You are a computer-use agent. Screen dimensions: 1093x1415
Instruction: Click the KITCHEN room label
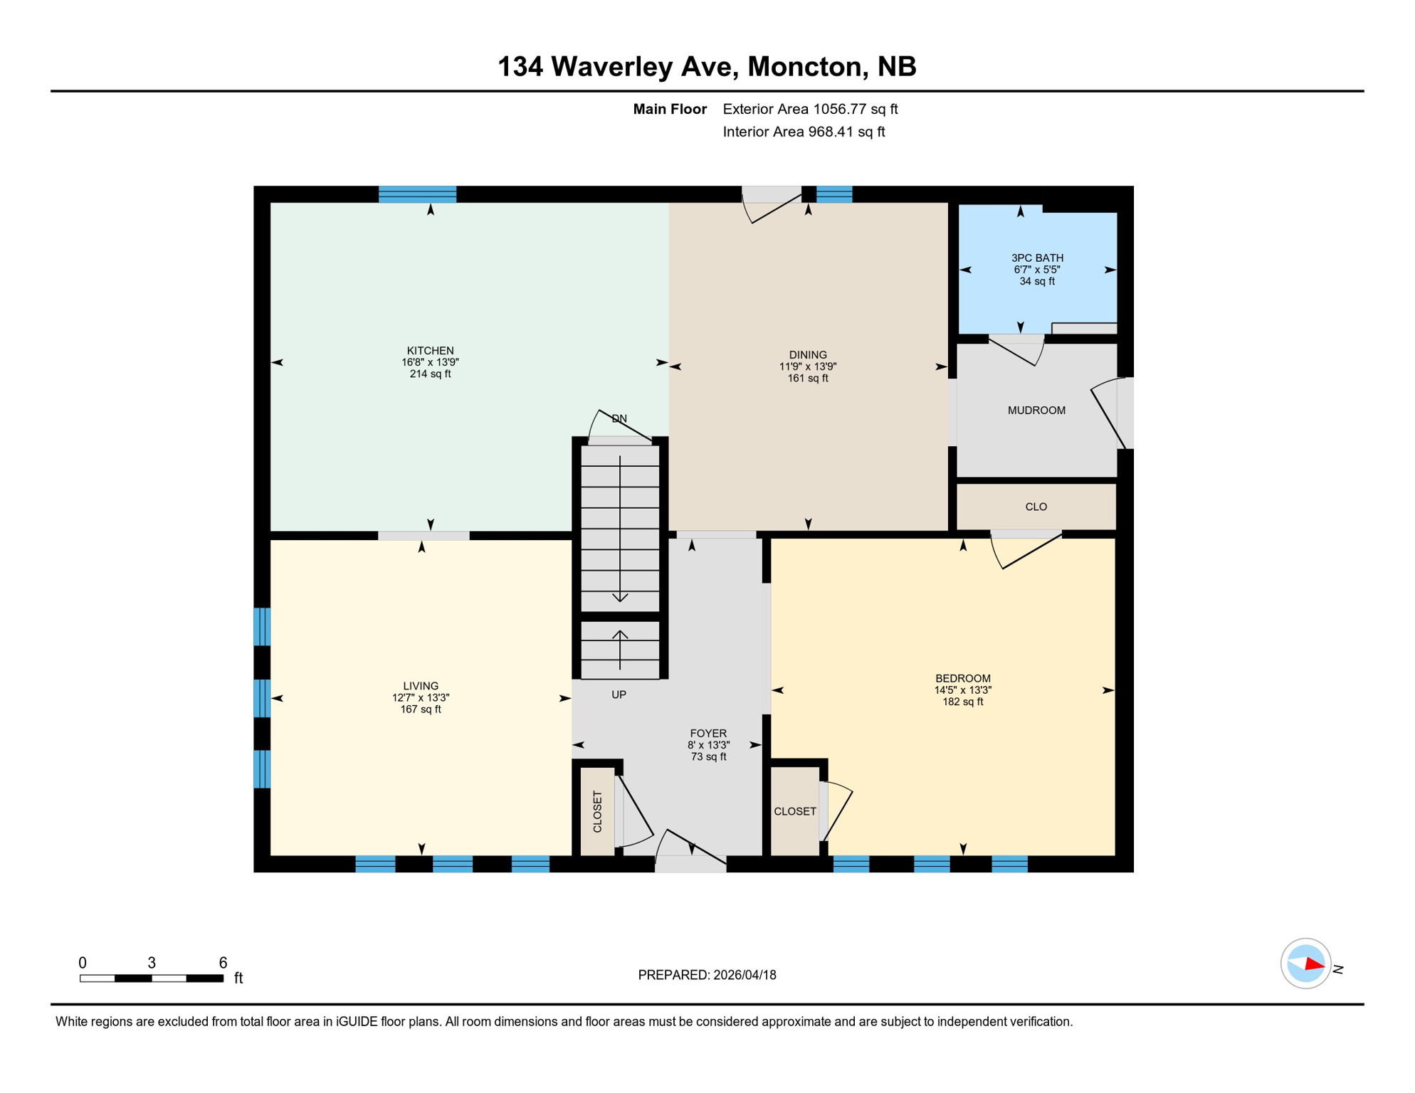tap(430, 351)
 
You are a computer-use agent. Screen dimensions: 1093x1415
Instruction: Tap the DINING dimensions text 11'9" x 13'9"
tap(807, 367)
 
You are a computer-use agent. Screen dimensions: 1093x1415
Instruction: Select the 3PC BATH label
tap(1037, 258)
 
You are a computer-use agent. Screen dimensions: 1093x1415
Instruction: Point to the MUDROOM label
tap(1036, 411)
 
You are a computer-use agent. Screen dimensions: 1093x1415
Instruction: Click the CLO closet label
tap(1036, 507)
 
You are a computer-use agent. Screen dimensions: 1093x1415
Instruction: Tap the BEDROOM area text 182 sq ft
tap(962, 702)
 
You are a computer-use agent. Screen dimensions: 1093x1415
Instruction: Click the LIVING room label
tap(421, 687)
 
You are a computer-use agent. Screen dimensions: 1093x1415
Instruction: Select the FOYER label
tap(708, 734)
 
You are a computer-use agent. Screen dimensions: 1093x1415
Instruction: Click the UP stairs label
tap(619, 695)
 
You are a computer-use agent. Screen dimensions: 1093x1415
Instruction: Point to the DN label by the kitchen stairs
tap(619, 419)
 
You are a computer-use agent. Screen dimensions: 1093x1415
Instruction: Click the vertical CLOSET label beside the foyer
tap(597, 812)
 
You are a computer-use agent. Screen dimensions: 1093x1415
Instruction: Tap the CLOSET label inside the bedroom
tap(794, 812)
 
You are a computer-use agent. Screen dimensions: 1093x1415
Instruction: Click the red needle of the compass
tap(1314, 966)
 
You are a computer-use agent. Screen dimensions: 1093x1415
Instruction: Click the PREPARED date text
tap(707, 976)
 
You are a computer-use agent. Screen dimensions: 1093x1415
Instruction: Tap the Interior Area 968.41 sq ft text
tap(804, 132)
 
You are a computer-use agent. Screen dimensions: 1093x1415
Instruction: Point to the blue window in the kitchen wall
tap(417, 194)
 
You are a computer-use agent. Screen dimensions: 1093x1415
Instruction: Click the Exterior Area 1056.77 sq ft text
tap(810, 110)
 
